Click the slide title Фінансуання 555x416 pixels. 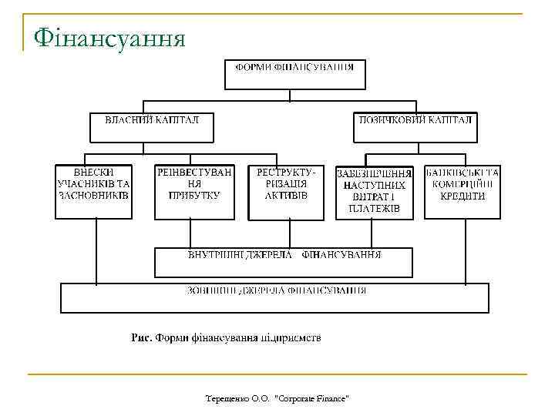tap(108, 36)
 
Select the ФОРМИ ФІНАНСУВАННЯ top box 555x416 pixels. tap(294, 75)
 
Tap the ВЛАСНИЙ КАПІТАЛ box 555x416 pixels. tap(151, 127)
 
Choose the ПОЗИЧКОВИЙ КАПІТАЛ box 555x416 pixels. tap(415, 127)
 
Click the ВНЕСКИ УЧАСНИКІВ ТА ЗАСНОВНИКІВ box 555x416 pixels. tap(94, 191)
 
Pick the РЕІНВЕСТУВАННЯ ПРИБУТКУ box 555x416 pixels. tap(194, 191)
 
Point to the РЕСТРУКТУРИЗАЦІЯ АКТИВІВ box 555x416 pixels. tap(286, 191)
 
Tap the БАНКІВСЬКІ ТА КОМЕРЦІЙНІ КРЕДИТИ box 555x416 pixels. tap(462, 191)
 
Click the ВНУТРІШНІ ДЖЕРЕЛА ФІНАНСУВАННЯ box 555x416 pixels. tap(284, 262)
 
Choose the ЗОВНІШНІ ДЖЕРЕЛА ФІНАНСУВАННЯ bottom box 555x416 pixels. tap(274, 298)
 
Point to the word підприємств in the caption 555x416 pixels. tap(288, 337)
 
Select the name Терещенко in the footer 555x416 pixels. tap(227, 398)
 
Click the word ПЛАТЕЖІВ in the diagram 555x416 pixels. tap(375, 209)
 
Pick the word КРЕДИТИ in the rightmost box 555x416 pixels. tap(462, 196)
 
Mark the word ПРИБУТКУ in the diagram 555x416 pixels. tap(194, 196)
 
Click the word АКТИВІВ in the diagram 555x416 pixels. tap(286, 196)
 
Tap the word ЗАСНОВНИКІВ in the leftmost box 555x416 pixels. tap(94, 196)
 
